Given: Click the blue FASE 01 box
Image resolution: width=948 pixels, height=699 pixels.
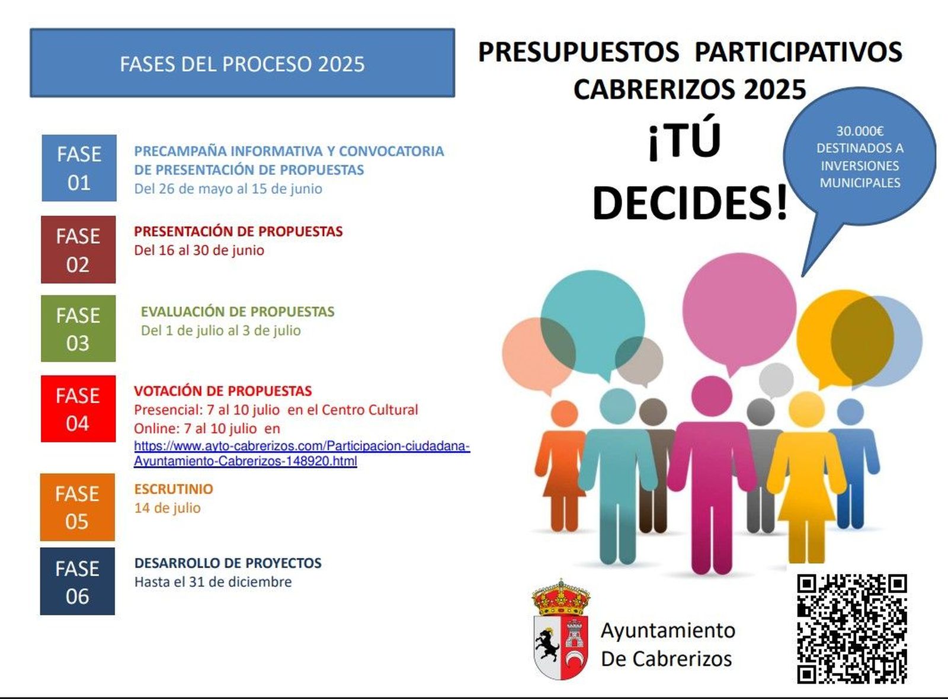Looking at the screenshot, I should point(79,168).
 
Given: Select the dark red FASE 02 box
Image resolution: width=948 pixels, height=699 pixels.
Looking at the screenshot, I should point(78,250).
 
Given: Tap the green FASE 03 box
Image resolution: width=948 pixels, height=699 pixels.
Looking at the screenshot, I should point(78,328).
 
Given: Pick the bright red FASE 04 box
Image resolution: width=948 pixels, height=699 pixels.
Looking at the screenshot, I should point(78,408).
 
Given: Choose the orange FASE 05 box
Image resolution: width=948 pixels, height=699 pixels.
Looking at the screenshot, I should point(78,507).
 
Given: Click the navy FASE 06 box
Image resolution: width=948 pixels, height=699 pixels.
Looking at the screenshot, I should point(78,581).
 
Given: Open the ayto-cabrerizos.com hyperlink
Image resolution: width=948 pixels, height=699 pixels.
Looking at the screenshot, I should point(302,454).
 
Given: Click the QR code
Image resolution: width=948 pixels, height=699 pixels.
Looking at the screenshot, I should point(851,628).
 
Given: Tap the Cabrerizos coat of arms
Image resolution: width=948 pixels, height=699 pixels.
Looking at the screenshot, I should point(561,630).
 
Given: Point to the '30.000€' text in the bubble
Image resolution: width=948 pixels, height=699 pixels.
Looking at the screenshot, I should point(860,131).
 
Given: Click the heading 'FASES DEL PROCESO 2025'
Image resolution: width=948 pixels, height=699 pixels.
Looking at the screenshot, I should point(242,64).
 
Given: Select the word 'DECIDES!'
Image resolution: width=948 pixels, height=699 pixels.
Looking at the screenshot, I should point(690,203).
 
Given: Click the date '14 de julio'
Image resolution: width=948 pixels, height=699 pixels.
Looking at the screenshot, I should point(168,508).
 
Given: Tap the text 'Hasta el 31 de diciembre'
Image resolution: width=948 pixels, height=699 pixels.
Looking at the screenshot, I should point(213,582).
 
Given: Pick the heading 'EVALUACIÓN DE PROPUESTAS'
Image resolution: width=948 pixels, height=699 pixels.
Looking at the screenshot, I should point(238,312).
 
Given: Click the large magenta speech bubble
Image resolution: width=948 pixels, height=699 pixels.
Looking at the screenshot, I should point(739,308).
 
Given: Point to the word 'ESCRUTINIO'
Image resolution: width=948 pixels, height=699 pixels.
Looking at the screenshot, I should point(174,489).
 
